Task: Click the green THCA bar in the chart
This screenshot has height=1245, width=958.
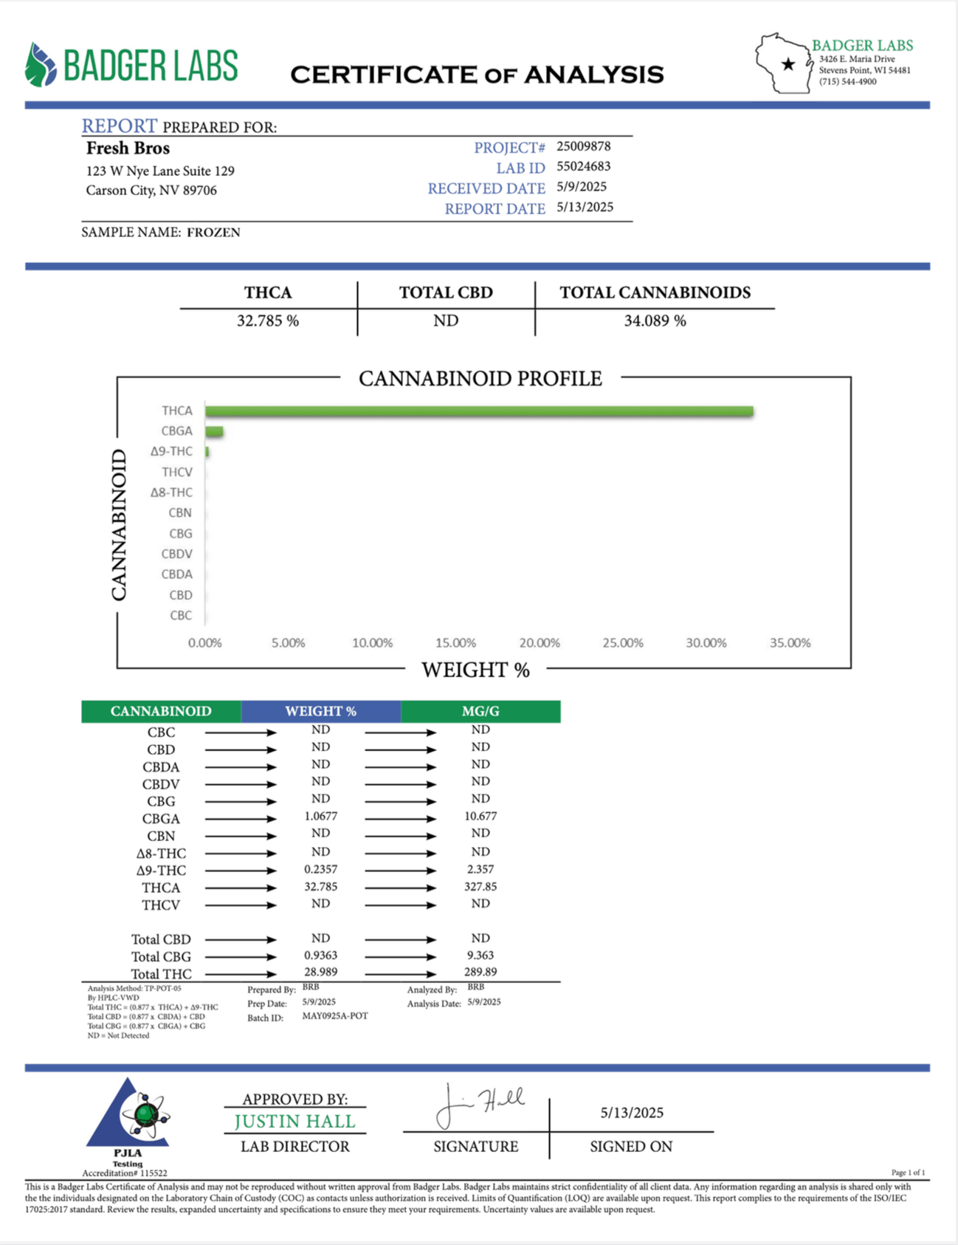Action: tap(479, 411)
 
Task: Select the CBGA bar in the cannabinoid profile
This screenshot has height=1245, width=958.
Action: tap(214, 432)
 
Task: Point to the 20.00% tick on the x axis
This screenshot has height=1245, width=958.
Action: tap(539, 643)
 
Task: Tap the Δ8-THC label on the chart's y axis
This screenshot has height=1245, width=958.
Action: tap(171, 493)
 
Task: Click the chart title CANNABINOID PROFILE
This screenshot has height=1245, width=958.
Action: tap(480, 379)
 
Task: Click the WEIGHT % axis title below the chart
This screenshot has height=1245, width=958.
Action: tap(475, 670)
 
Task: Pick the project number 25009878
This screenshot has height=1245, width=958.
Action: tap(583, 146)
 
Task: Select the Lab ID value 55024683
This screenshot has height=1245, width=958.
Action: tap(583, 167)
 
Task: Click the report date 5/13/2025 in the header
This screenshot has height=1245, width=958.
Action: tap(585, 207)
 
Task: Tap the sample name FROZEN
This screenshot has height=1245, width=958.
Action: tap(213, 233)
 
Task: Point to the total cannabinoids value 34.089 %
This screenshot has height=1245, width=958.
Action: tap(655, 320)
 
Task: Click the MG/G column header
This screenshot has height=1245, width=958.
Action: tap(480, 711)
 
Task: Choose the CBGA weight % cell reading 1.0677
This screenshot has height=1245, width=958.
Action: tap(320, 817)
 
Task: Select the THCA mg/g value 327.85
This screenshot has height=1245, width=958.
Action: tap(480, 887)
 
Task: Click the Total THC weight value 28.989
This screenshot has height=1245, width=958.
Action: tap(320, 973)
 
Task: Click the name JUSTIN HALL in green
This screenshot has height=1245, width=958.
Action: tap(294, 1122)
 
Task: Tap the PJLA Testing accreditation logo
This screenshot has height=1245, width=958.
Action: tap(129, 1120)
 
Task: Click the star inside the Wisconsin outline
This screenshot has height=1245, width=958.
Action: tap(788, 64)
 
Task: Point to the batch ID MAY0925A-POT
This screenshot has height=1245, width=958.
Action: tap(334, 1016)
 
